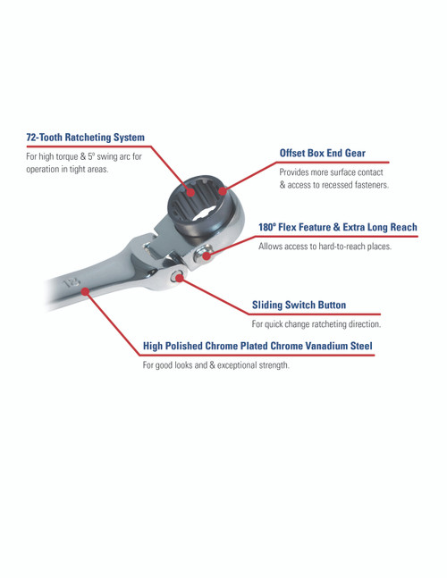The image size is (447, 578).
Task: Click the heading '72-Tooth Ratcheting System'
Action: tap(85, 138)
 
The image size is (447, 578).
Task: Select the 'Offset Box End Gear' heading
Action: tap(322, 153)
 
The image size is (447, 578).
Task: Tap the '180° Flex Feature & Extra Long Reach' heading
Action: tap(337, 228)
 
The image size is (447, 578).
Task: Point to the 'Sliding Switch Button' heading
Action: tap(299, 305)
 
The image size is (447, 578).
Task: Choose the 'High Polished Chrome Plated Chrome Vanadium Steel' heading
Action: tap(257, 346)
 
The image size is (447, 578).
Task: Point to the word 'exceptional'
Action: tap(243, 364)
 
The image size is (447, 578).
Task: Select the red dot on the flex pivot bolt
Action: tap(207, 255)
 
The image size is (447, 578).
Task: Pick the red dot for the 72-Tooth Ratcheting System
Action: tap(190, 188)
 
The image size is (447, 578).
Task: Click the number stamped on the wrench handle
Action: tap(71, 283)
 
